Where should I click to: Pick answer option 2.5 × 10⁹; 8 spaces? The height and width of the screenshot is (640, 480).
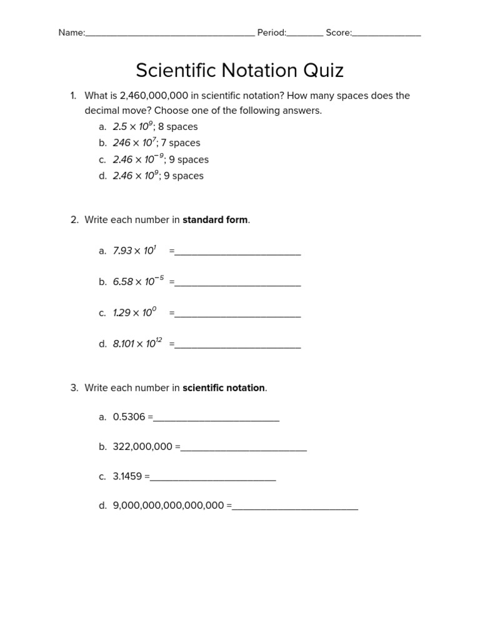point(155,127)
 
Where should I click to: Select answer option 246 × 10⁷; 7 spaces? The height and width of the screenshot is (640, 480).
point(156,143)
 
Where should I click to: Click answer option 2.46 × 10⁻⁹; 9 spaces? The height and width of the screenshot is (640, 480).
point(161,159)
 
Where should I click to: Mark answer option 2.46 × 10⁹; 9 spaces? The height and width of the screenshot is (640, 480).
point(158,176)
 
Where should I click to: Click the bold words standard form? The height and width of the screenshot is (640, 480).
point(215,220)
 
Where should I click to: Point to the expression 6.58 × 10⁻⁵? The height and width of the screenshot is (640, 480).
point(138,282)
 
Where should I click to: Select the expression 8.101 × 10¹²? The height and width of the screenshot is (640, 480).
point(137,344)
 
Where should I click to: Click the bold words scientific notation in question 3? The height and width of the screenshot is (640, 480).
point(224,388)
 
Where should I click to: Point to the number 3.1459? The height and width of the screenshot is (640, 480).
point(127,476)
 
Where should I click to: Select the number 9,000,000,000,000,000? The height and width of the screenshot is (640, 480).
point(168,506)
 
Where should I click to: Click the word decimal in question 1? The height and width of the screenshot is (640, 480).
point(102,111)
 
